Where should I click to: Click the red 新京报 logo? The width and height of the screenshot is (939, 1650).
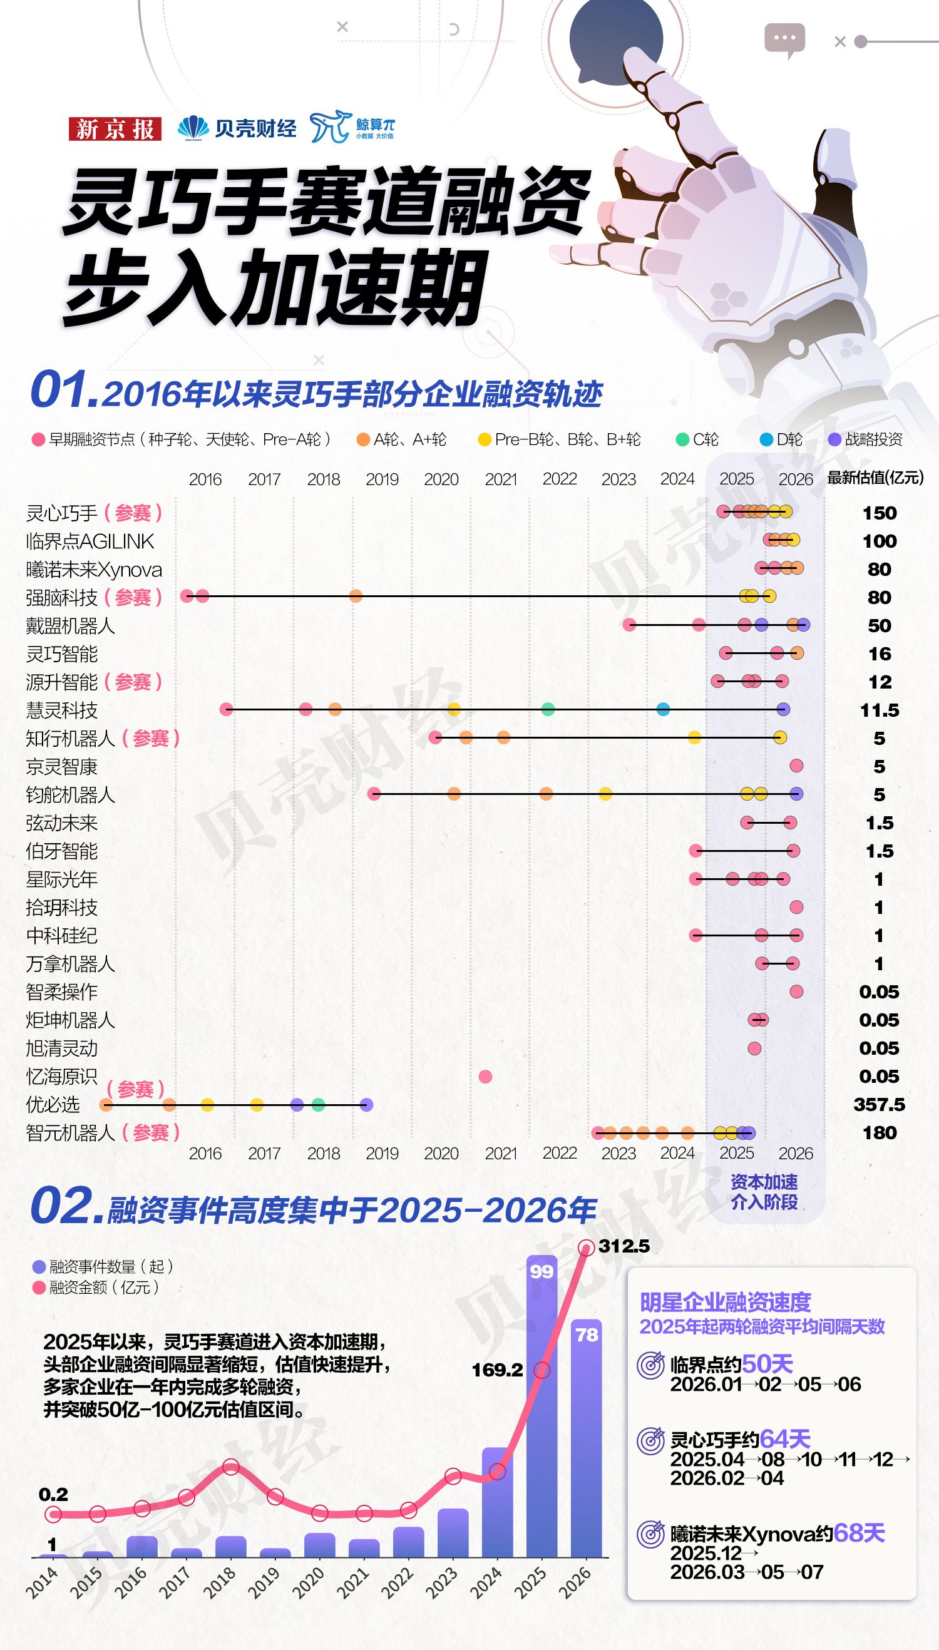[x=115, y=129]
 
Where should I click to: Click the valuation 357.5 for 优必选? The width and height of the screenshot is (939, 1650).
[x=879, y=1105]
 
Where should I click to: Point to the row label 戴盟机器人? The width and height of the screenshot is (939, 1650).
[x=70, y=625]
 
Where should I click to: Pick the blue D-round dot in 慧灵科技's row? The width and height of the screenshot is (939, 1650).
[x=663, y=709]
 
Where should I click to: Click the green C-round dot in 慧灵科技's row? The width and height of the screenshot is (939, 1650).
[x=548, y=709]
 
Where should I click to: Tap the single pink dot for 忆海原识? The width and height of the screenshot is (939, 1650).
[x=486, y=1076]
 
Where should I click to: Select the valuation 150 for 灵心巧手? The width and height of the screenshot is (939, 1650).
[x=880, y=513]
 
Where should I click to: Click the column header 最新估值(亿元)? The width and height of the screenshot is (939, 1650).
[x=875, y=478]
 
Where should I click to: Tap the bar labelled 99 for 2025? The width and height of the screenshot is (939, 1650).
[x=541, y=1407]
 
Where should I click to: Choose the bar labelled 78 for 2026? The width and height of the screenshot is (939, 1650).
[x=586, y=1438]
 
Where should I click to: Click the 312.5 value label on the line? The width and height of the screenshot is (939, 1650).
[x=623, y=1246]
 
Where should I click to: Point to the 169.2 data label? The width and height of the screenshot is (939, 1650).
[x=497, y=1370]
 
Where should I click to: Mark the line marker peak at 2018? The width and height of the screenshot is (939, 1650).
[x=231, y=1467]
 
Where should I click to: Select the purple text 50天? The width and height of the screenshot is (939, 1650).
[x=767, y=1364]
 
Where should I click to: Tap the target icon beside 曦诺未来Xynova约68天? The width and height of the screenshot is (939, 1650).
[x=650, y=1534]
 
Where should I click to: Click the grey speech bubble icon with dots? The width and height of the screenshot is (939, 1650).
[x=785, y=41]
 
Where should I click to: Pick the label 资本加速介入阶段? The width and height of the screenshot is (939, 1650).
[x=764, y=1192]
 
